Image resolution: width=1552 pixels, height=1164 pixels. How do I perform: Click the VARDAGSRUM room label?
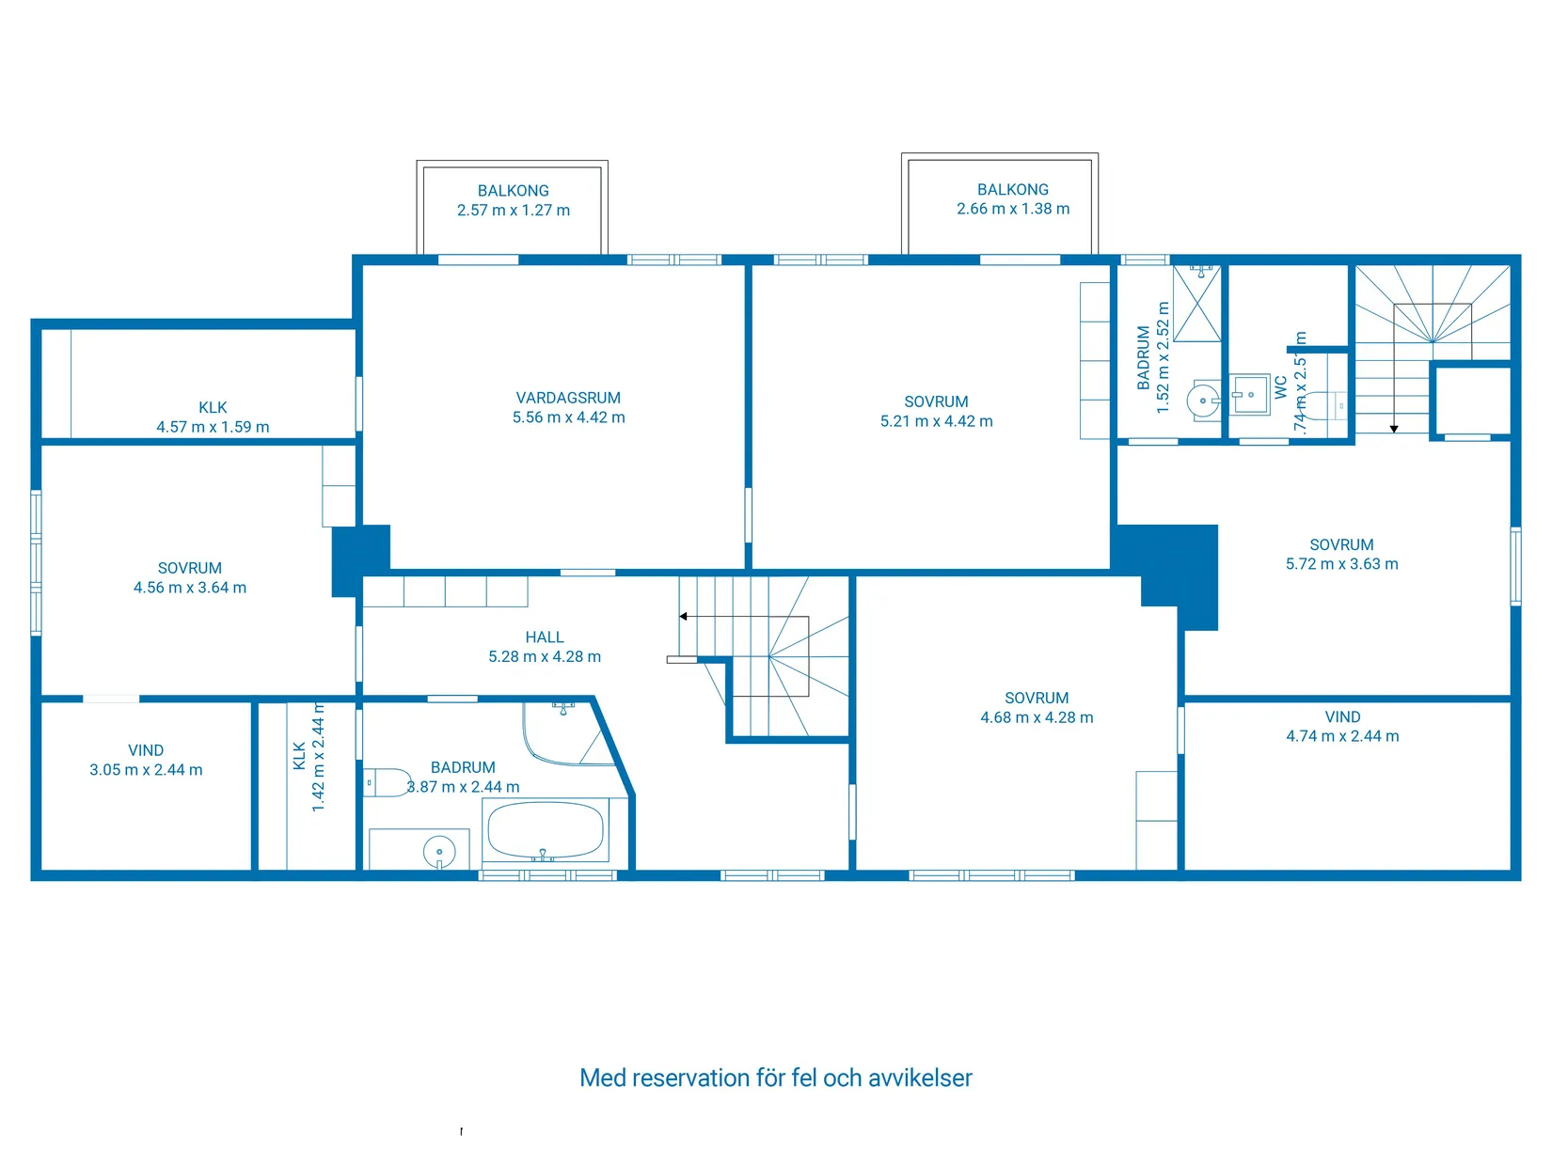[x=568, y=398]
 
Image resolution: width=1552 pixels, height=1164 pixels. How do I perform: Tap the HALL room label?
[x=545, y=637]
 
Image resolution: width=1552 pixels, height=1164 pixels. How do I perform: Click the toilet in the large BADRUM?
[x=387, y=782]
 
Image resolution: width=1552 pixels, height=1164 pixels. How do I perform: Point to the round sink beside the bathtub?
[x=439, y=852]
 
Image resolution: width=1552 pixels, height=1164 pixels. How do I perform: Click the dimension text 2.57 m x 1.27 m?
[x=514, y=211]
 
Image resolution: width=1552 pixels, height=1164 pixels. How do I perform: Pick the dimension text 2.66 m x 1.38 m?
[x=1013, y=209]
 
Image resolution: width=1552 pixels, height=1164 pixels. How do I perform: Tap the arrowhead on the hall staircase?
[x=684, y=617]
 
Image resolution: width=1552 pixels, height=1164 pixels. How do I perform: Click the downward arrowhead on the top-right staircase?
[x=1394, y=429]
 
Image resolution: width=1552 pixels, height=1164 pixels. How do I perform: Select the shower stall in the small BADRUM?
[x=1197, y=303]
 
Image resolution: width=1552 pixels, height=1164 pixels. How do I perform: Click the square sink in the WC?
[x=1250, y=395]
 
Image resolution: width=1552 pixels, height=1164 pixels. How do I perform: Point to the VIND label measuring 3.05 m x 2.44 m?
[x=146, y=750]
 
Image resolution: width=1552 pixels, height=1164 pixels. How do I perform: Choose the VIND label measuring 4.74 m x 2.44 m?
[x=1342, y=717]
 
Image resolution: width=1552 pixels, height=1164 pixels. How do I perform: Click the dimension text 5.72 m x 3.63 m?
[x=1341, y=564]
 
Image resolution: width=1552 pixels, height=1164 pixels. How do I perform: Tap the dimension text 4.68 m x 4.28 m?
[x=1037, y=717]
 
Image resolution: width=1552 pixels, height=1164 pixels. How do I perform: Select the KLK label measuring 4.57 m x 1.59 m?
[x=213, y=407]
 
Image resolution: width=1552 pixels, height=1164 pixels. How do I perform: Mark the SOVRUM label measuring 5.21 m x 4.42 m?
[x=936, y=401]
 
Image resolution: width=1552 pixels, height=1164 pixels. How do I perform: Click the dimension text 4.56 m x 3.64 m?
[x=190, y=588]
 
